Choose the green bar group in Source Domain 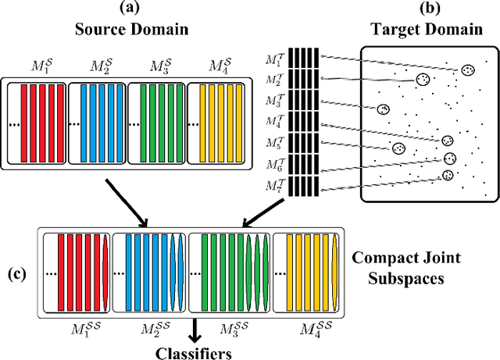tap(157, 122)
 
